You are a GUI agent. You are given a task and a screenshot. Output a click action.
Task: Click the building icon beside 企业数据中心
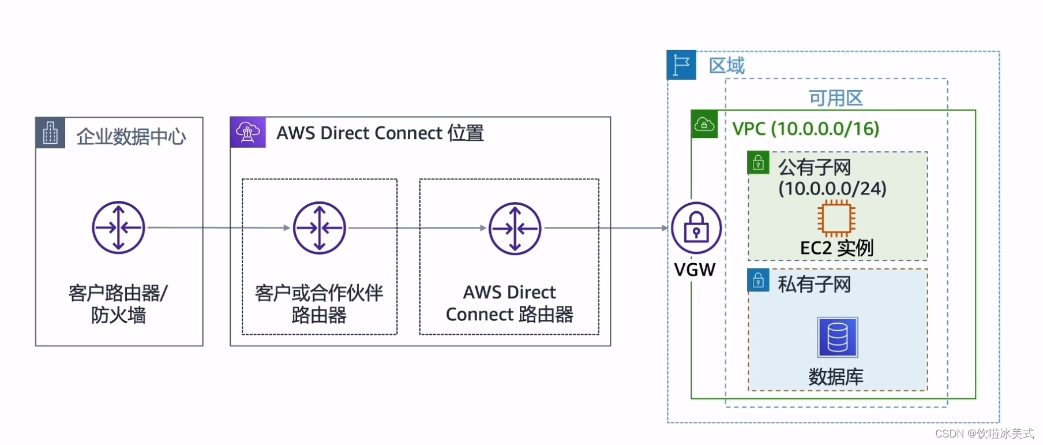point(50,133)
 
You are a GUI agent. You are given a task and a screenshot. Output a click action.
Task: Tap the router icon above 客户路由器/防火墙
point(118,227)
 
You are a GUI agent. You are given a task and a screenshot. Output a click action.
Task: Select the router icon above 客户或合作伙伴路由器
point(319,228)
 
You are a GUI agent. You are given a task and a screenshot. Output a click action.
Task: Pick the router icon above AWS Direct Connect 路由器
point(515,229)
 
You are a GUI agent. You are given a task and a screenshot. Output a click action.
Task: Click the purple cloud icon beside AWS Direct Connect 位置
point(248,132)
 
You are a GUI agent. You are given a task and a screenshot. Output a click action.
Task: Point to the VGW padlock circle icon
point(696,228)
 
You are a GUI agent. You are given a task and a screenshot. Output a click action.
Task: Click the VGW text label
point(695,270)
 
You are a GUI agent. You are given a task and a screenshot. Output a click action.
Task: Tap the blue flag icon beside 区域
point(681,65)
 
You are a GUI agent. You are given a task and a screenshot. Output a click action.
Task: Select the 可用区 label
point(835,98)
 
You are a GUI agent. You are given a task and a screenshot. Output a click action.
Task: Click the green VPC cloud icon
point(704,124)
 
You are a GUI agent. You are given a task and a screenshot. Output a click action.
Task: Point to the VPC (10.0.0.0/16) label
point(805,129)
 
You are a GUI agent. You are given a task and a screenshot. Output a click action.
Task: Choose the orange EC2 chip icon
point(836,218)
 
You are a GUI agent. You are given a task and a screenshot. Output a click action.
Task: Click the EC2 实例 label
point(836,248)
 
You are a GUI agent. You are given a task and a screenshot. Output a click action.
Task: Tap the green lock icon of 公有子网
point(758,163)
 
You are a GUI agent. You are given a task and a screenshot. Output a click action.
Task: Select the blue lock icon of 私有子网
point(758,281)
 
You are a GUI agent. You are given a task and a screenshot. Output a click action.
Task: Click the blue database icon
point(837,337)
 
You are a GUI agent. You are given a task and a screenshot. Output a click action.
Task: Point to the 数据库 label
point(835,377)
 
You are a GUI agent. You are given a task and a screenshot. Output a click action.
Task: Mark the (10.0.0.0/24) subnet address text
point(832,189)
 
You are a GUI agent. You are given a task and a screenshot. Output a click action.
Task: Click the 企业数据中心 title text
point(131,137)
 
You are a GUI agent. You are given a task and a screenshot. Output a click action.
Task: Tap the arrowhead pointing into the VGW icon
point(665,228)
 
